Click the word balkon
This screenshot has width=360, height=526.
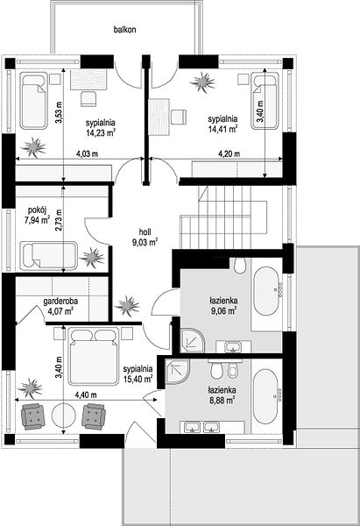coord(124,30)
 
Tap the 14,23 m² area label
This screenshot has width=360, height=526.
coord(100,132)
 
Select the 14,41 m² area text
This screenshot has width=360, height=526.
coord(223,130)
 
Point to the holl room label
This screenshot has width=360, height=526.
coord(145,231)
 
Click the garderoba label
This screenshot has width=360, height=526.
coord(60,302)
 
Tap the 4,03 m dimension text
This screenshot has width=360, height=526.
coord(87,154)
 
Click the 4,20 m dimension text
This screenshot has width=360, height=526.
coord(229,154)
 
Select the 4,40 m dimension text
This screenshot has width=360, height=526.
coord(86,394)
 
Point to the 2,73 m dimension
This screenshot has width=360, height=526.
coord(60,221)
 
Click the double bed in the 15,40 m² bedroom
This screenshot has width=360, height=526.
coord(94,356)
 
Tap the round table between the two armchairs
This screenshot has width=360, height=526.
coord(63,416)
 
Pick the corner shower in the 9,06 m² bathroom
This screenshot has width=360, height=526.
coord(192,340)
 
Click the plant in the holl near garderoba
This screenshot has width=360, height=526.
coord(127,305)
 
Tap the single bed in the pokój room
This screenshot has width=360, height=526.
coord(49,255)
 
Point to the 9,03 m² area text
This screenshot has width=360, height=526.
coord(145,242)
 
